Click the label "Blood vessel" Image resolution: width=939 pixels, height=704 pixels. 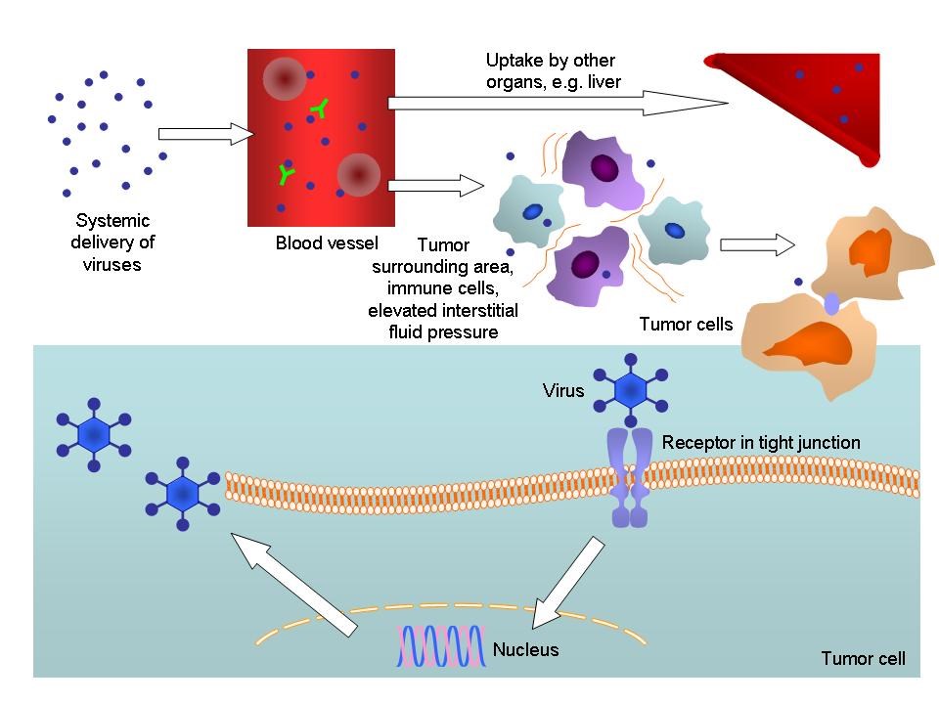pyautogui.click(x=326, y=242)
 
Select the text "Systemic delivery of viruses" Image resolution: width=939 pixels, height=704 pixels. pyautogui.click(x=112, y=242)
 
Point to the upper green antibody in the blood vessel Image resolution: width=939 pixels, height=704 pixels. pyautogui.click(x=319, y=109)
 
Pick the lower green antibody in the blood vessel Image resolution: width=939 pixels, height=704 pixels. pyautogui.click(x=286, y=174)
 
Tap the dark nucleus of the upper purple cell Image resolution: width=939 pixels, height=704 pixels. pyautogui.click(x=604, y=168)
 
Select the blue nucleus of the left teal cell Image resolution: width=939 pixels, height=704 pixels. pyautogui.click(x=532, y=211)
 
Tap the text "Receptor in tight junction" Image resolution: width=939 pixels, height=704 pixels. pyautogui.click(x=761, y=443)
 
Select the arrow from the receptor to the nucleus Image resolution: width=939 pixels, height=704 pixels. pyautogui.click(x=566, y=582)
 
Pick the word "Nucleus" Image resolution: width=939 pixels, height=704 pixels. pyautogui.click(x=525, y=649)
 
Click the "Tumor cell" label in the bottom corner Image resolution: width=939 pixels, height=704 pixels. pyautogui.click(x=863, y=659)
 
